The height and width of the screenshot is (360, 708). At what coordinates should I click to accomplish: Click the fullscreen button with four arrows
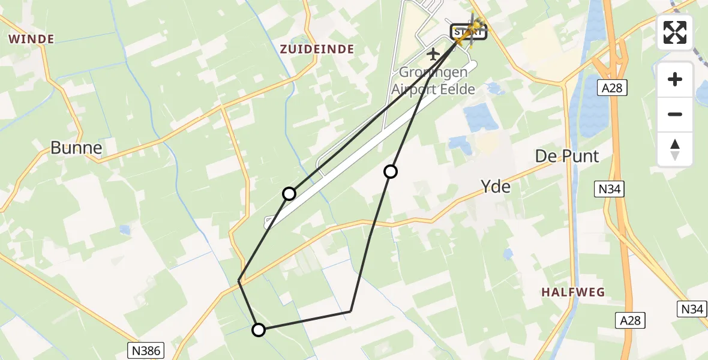pyautogui.click(x=675, y=32)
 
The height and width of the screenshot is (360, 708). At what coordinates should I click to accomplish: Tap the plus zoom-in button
pyautogui.click(x=675, y=79)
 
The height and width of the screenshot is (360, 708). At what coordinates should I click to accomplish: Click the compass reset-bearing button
pyautogui.click(x=675, y=149)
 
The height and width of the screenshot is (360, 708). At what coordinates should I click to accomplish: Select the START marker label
pyautogui.click(x=468, y=31)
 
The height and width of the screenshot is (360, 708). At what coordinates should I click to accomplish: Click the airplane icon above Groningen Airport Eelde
pyautogui.click(x=433, y=55)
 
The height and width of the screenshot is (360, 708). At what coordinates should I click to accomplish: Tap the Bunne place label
pyautogui.click(x=76, y=148)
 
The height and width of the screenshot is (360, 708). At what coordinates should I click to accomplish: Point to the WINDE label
pyautogui.click(x=31, y=40)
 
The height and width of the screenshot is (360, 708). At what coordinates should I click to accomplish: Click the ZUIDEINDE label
pyautogui.click(x=317, y=49)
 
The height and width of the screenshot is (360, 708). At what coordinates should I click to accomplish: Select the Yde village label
pyautogui.click(x=496, y=187)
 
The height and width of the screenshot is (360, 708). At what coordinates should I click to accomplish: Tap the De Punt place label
pyautogui.click(x=567, y=157)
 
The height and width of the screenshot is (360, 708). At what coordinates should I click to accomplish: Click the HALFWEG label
pyautogui.click(x=573, y=292)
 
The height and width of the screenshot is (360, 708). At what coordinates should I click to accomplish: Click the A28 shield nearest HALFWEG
pyautogui.click(x=631, y=321)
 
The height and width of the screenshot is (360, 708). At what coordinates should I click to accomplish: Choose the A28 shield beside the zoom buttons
pyautogui.click(x=612, y=89)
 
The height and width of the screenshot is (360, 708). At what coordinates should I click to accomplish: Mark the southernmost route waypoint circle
pyautogui.click(x=258, y=329)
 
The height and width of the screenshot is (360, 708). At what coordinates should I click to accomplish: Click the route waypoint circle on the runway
pyautogui.click(x=289, y=193)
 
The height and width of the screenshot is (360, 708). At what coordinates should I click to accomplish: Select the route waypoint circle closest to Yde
pyautogui.click(x=391, y=172)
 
